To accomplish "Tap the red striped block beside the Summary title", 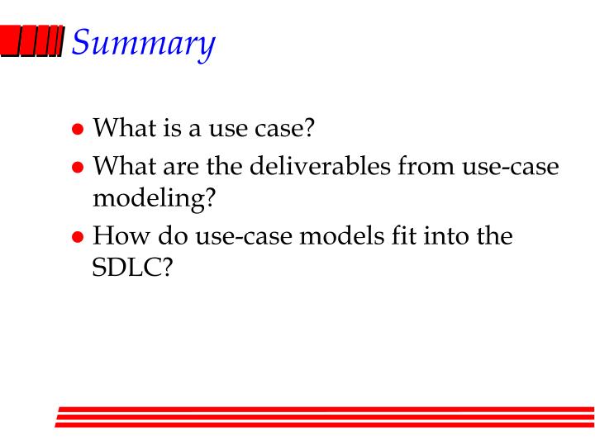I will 32,41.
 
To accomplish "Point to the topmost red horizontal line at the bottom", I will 326,408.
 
